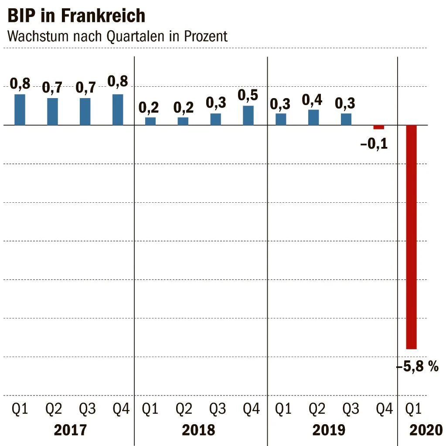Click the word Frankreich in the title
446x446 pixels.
pos(103,16)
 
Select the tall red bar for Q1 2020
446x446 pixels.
pos(411,237)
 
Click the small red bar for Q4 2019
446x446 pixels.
pos(378,127)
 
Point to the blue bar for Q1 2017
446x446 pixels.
pos(20,109)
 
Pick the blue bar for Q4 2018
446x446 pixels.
pos(249,116)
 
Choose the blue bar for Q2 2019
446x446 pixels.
pos(313,117)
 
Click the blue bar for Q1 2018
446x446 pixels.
pos(150,121)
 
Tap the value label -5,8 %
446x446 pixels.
pos(418,366)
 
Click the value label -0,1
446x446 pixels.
pos(374,143)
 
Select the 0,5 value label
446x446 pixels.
pos(248,95)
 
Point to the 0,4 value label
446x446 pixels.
pos(312,100)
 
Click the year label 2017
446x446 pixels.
pos(70,430)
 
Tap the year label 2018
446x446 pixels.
pos(198,430)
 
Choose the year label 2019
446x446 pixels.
pos(329,430)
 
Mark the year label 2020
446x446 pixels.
pos(426,430)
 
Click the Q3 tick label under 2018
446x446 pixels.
pos(218,409)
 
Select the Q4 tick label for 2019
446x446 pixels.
pos(384,409)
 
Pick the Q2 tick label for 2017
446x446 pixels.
pos(54,409)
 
